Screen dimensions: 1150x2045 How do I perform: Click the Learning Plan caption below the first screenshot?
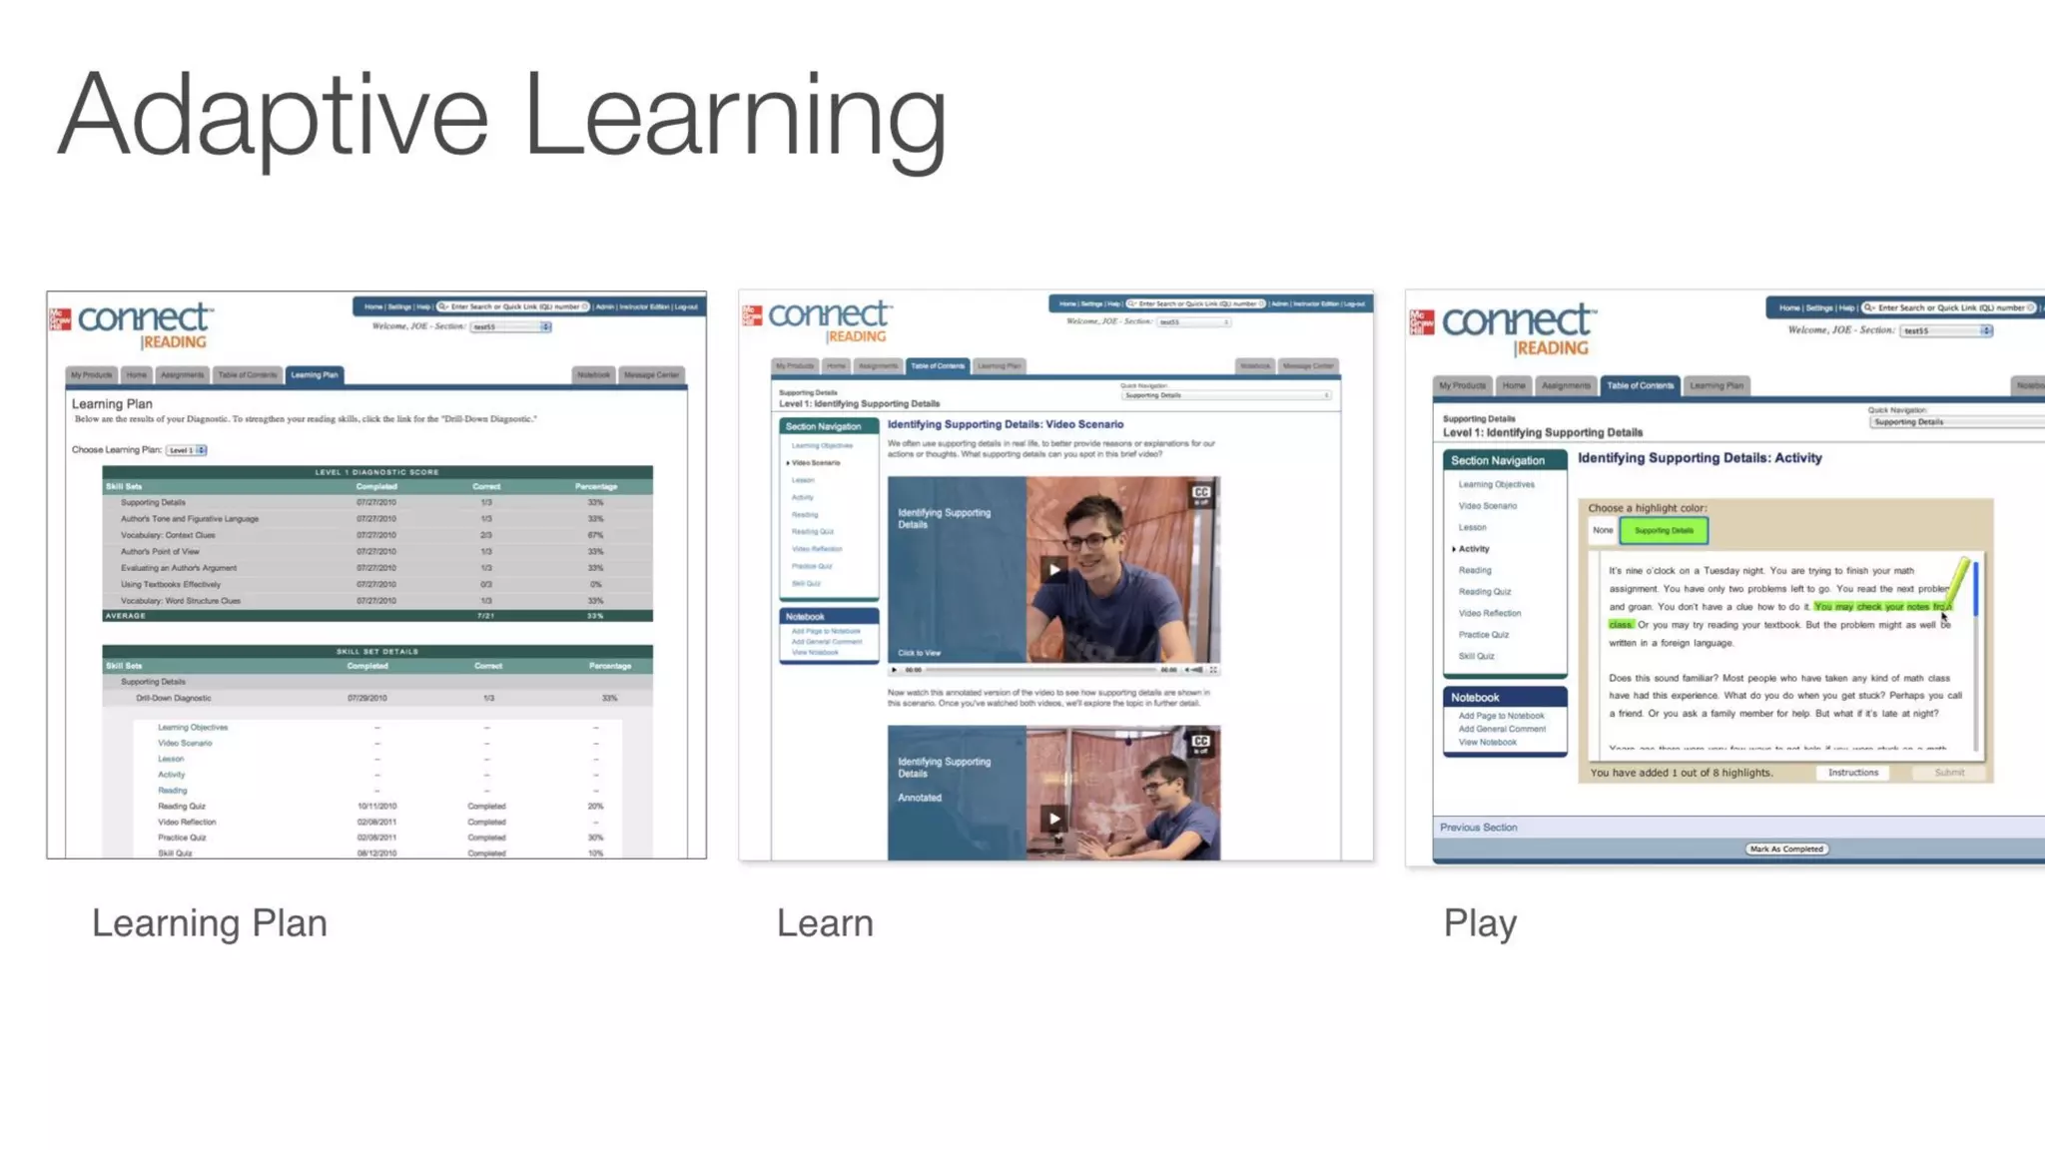click(x=209, y=923)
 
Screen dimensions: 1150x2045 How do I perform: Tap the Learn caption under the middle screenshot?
click(x=825, y=923)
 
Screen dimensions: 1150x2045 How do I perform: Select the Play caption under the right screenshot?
click(x=1480, y=923)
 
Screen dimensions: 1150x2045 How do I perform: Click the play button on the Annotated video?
click(x=1053, y=819)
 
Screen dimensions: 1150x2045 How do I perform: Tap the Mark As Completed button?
click(x=1786, y=850)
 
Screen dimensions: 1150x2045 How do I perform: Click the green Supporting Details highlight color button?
click(x=1664, y=531)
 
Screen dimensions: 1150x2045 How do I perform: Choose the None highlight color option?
click(x=1603, y=531)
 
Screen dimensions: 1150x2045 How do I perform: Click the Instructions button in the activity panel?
click(x=1852, y=773)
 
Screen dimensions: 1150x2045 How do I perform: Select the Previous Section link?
click(x=1478, y=828)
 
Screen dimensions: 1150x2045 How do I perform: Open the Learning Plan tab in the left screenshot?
click(x=315, y=375)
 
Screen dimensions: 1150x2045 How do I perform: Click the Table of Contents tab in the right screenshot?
click(x=1640, y=385)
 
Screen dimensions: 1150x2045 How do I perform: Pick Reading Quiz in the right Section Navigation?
click(x=1484, y=592)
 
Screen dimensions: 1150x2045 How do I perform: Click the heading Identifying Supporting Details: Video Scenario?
click(x=1005, y=424)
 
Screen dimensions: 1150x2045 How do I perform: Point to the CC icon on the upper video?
click(x=1200, y=493)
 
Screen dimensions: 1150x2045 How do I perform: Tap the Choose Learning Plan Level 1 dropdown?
click(x=187, y=450)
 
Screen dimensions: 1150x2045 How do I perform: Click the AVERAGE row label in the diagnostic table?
click(x=126, y=616)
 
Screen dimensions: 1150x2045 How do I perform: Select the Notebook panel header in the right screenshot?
click(x=1475, y=698)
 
